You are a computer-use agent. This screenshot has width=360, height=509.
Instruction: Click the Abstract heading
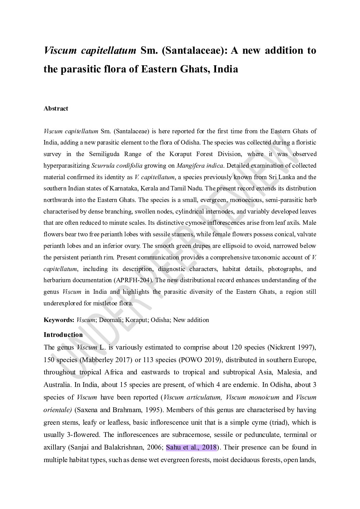pos(56,108)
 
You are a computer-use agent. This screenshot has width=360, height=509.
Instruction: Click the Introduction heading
pos(63,335)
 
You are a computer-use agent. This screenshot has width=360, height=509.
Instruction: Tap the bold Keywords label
pos(59,320)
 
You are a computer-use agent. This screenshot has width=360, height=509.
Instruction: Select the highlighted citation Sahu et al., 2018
pos(191,447)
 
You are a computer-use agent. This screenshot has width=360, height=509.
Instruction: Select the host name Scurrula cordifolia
pos(117,166)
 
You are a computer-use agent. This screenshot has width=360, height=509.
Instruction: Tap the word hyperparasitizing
pos(66,166)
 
